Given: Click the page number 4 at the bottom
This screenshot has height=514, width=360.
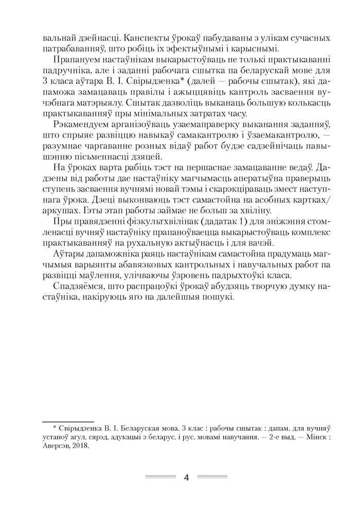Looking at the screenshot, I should (x=187, y=478).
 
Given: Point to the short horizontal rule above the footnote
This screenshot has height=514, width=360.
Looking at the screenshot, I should (x=66, y=420).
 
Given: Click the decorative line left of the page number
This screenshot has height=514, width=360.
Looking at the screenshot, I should (x=160, y=478).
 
